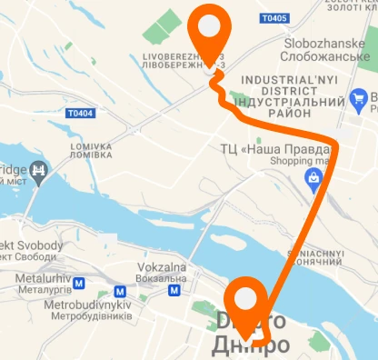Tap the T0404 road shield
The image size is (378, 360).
(80, 114)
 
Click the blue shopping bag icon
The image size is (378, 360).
(313, 179)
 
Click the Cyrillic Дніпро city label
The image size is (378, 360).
(251, 345)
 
